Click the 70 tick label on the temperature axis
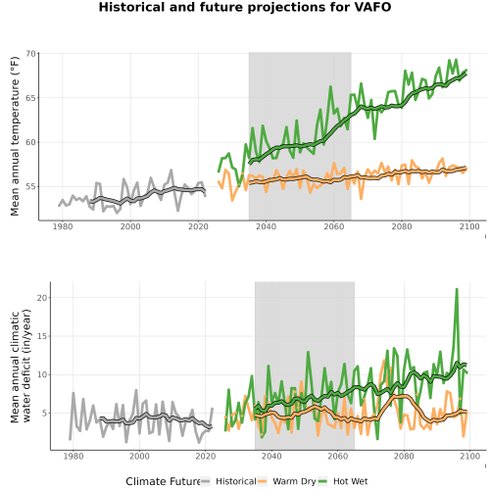(30, 54)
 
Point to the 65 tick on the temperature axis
(30, 98)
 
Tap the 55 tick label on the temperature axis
(30, 187)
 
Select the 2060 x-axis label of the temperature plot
(334, 226)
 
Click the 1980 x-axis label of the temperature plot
(63, 226)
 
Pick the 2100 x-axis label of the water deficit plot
(469, 456)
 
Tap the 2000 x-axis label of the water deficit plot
(139, 456)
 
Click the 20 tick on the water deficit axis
(42, 298)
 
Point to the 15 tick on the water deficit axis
(42, 336)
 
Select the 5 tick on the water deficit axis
(44, 414)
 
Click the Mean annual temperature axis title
(15, 136)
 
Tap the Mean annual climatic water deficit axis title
(21, 366)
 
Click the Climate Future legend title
(163, 481)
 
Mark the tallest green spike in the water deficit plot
(457, 289)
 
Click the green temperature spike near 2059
(330, 87)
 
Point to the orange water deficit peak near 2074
(384, 361)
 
